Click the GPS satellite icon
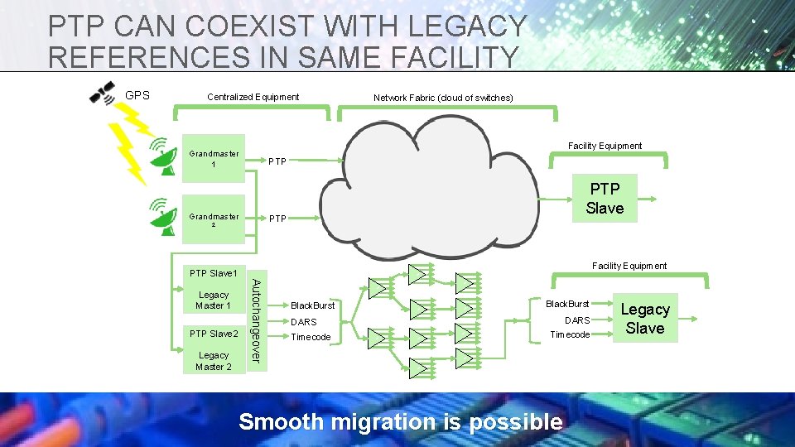(103, 94)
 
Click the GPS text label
(137, 95)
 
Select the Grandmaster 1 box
(214, 158)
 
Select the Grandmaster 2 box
(214, 220)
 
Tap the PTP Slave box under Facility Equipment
(604, 199)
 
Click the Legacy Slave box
(645, 319)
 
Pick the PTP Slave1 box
(214, 273)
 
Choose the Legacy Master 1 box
(214, 300)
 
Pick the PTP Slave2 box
(214, 334)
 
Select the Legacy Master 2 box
(214, 360)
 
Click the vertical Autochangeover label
(257, 320)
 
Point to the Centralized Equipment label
(253, 97)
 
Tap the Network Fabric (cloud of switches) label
(443, 98)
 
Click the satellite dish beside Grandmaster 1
(161, 157)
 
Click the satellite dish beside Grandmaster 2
(161, 216)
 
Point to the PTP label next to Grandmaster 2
(277, 219)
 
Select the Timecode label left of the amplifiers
(311, 338)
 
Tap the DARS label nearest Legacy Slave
(577, 320)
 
